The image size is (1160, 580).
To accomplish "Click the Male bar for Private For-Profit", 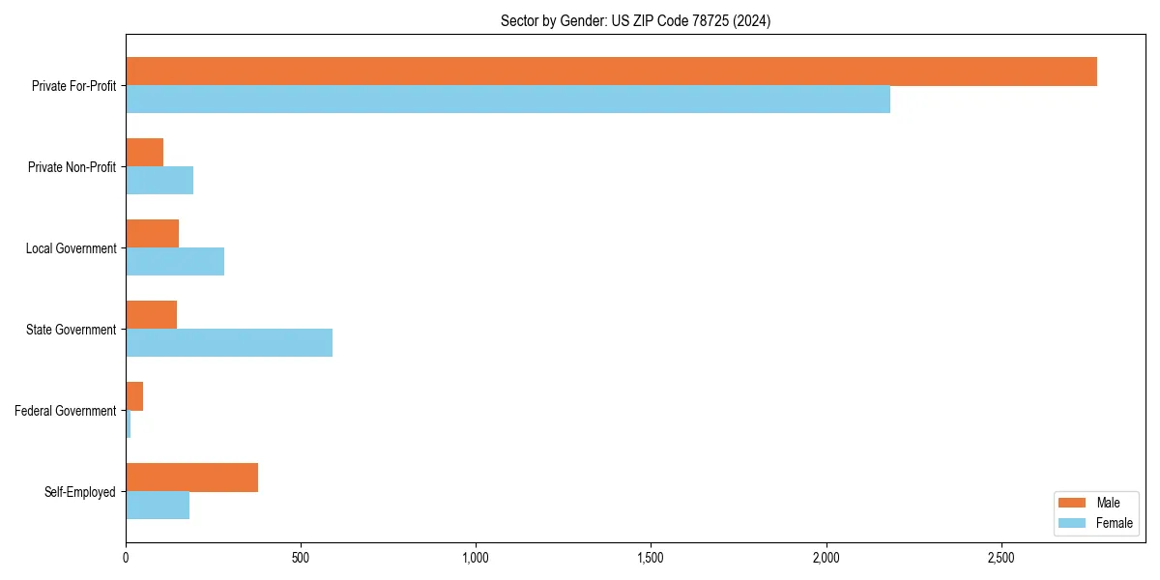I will tap(611, 72).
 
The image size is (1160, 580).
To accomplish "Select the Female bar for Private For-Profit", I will tap(507, 100).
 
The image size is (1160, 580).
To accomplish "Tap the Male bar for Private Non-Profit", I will tap(144, 153).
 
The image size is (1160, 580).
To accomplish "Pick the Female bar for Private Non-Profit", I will tap(159, 181).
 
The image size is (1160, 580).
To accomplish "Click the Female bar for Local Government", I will tap(175, 262).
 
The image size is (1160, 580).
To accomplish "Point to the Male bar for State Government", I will tap(151, 315).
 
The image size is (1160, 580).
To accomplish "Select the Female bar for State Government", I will tap(229, 343).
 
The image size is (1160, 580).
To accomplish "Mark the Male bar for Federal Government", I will tap(134, 396).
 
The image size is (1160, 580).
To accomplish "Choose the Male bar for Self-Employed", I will tap(191, 478).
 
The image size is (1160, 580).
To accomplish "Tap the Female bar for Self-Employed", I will tap(158, 506).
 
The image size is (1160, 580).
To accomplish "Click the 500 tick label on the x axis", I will tap(301, 559).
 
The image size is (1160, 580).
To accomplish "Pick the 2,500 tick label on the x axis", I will tap(1000, 559).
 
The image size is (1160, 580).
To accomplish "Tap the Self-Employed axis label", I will tap(80, 492).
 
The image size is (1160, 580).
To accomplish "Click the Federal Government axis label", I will tap(66, 411).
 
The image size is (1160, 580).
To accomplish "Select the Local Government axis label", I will tap(72, 248).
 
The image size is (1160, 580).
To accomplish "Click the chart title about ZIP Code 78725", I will tap(635, 20).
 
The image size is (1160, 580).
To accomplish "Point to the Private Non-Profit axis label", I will tap(72, 167).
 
